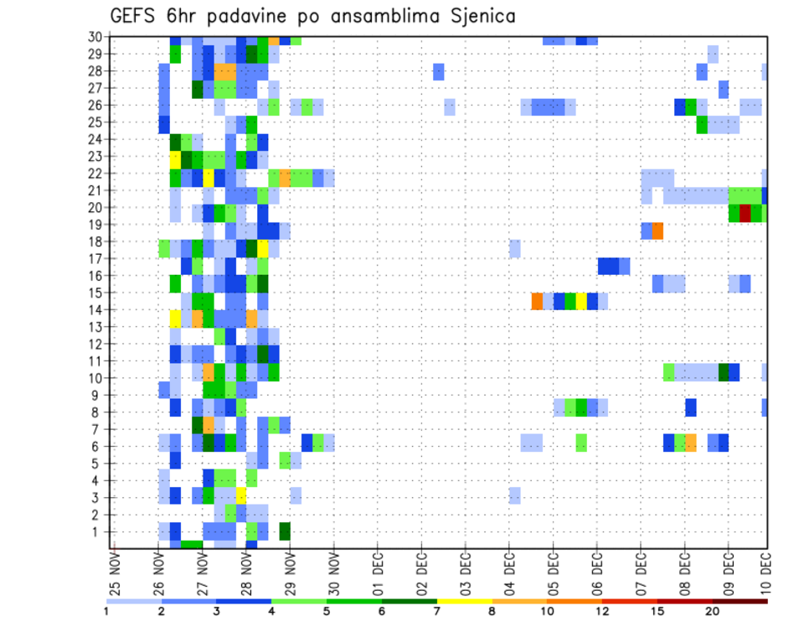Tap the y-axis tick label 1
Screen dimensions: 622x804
point(97,531)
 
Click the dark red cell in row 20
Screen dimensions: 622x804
point(745,213)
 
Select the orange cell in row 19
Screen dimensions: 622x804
point(658,231)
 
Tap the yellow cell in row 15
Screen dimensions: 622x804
point(581,300)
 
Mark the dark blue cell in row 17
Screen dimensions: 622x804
point(608,266)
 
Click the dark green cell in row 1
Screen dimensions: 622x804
point(285,531)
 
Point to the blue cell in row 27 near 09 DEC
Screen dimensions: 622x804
point(724,88)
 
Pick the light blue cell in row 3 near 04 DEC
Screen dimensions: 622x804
point(515,495)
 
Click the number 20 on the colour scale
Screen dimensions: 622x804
point(713,611)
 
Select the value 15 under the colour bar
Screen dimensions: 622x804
point(657,611)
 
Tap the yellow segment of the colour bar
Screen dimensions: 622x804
point(465,601)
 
